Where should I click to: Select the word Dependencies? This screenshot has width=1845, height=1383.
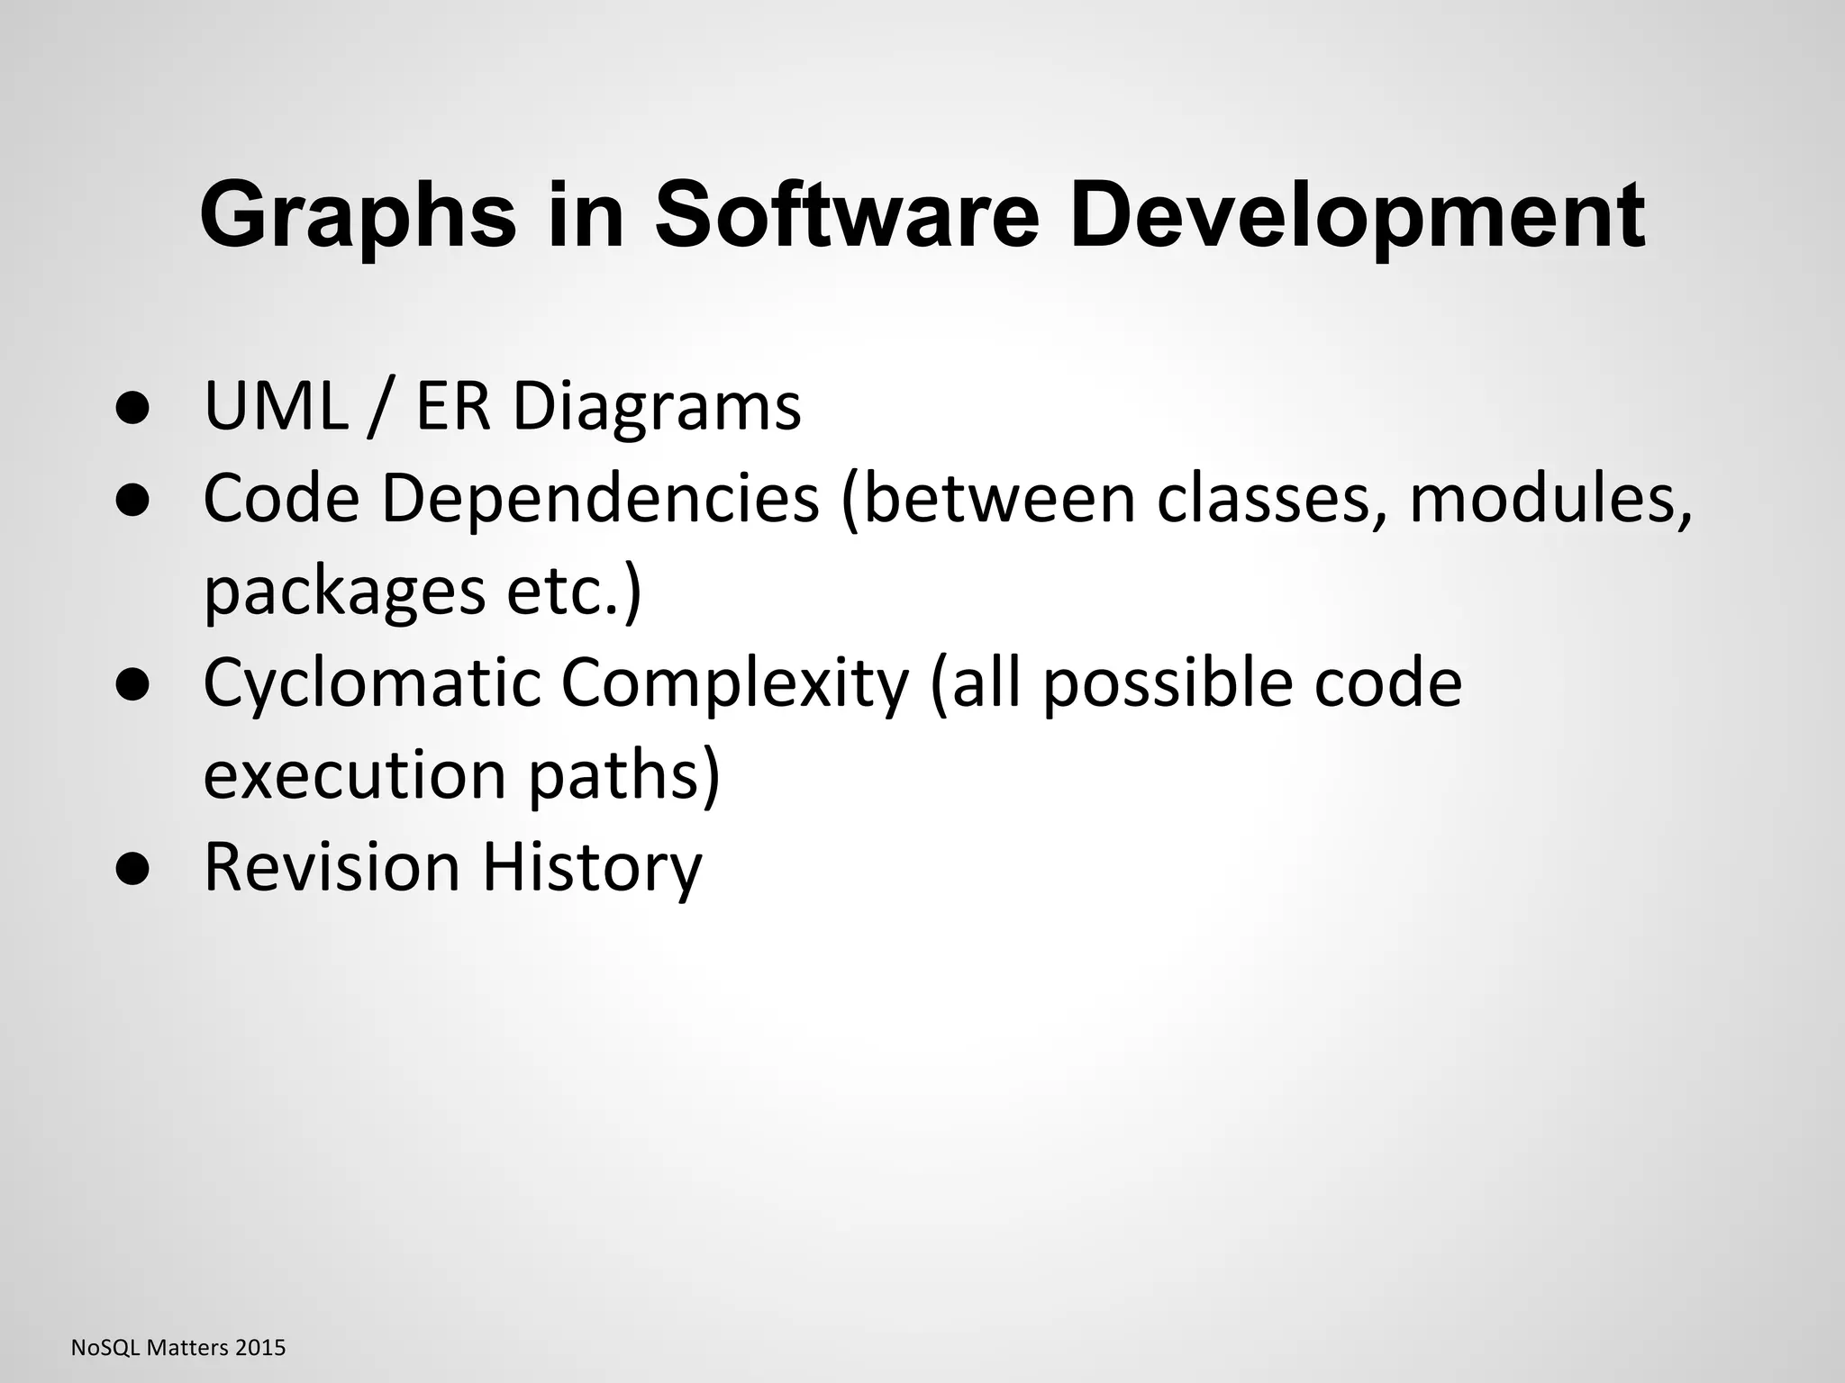click(x=601, y=501)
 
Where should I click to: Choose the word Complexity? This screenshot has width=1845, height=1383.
click(x=735, y=684)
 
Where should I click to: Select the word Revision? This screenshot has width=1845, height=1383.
click(x=332, y=867)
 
